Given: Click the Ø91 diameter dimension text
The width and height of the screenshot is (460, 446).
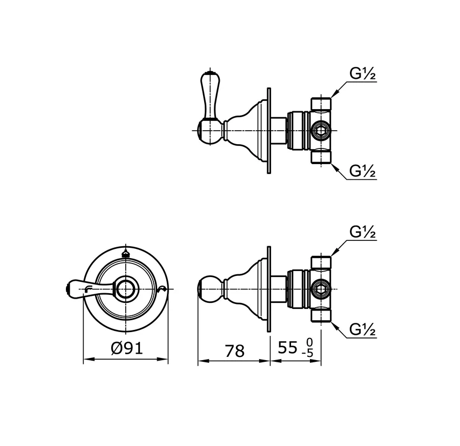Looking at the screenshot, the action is point(127,348).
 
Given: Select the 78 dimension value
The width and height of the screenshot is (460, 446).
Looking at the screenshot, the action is point(234,351).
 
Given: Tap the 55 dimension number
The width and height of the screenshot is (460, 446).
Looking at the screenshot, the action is point(287,348).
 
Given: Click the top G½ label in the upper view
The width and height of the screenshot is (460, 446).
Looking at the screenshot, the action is point(362,73).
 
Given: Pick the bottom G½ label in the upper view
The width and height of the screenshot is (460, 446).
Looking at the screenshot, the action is point(362,171).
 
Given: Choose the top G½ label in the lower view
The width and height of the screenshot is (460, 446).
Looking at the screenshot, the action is point(362,232).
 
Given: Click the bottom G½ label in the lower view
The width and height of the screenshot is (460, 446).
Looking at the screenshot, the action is point(362,329).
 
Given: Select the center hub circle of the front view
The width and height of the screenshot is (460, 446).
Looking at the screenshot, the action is point(126,289).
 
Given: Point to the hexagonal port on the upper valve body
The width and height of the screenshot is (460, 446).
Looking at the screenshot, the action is point(321,130).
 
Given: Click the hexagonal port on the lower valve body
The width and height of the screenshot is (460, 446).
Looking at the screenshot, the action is point(321,289).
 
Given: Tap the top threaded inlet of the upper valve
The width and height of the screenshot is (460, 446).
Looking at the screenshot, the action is point(321,104).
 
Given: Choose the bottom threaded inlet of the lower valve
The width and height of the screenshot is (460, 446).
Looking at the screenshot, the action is point(321,315).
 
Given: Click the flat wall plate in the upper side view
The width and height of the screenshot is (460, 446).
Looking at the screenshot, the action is point(269,131).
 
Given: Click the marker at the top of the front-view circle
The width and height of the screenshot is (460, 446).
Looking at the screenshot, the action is point(126,254).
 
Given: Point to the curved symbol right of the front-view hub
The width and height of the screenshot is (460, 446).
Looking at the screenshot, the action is point(162,290).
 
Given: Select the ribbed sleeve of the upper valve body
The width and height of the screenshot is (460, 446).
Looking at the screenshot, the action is point(299,131).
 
